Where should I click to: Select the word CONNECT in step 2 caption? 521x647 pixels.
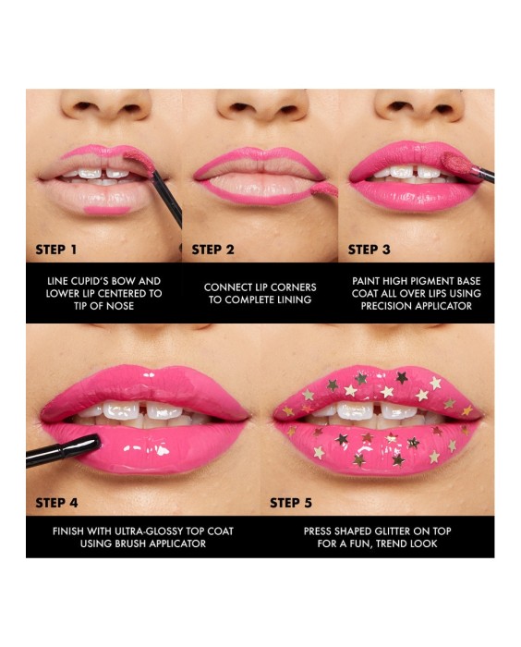coord(227,287)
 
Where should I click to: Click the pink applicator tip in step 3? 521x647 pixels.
coord(455,162)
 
